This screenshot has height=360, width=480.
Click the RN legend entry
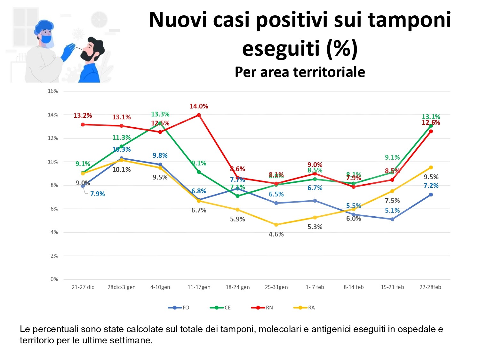coord(262,308)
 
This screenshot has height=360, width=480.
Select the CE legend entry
coord(220,308)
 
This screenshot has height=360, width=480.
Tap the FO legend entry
coord(179,308)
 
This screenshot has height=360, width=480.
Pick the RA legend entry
coord(304,308)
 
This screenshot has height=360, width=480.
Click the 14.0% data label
coord(199,106)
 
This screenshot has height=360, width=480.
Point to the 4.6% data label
coord(276,234)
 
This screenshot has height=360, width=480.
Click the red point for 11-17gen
coord(199,115)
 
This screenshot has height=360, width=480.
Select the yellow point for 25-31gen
coord(276,225)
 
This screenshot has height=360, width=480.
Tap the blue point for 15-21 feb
coord(392,219)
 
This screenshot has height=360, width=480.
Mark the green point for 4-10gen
coord(160,123)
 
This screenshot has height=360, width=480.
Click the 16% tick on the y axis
coord(53,91)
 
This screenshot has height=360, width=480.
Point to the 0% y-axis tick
coord(54,279)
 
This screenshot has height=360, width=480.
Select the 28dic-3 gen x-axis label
coord(122,287)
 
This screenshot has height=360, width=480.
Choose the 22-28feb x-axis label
coord(430,287)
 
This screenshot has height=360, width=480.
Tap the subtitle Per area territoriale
coord(300,72)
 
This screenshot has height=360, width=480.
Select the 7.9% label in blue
coord(97,194)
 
